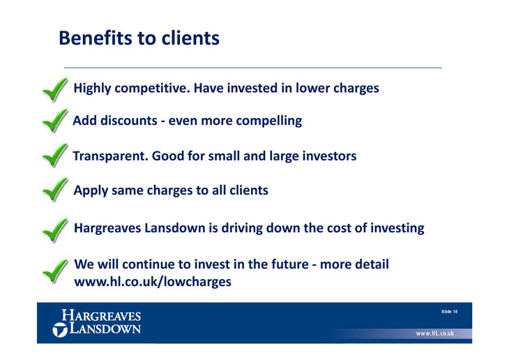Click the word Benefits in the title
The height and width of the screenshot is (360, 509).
(96, 38)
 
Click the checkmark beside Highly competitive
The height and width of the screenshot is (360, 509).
(55, 90)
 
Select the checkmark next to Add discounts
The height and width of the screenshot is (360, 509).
(55, 121)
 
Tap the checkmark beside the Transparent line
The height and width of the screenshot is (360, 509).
(55, 156)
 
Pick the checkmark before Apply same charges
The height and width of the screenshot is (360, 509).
(55, 190)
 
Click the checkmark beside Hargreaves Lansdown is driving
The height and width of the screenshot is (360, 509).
(55, 230)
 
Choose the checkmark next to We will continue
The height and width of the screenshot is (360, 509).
(55, 271)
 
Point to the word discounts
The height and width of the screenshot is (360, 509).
(129, 121)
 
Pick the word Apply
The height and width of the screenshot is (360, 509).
(91, 190)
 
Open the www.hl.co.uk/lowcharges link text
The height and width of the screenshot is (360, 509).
(153, 282)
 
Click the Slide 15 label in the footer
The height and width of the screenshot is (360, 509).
(449, 312)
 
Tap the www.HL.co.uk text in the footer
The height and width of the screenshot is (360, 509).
(434, 333)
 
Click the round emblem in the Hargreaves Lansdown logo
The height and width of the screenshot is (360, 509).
(60, 330)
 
